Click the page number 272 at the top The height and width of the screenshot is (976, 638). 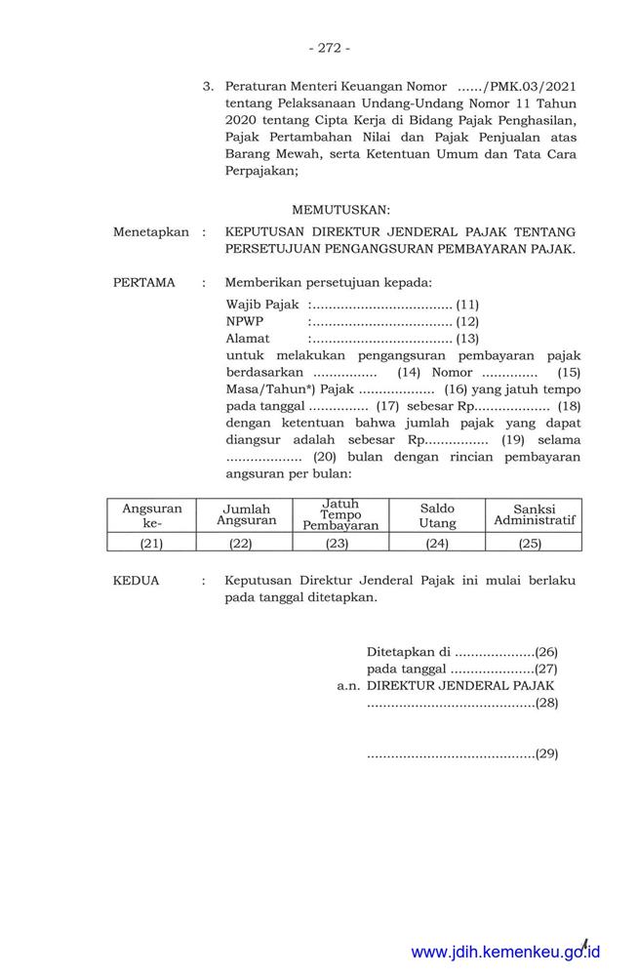[328, 47]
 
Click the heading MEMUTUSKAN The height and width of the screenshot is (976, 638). [340, 209]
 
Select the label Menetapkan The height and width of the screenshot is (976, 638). [151, 232]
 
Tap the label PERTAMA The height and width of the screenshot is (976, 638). [144, 283]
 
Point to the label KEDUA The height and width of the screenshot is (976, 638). [137, 580]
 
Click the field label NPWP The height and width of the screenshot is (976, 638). [244, 321]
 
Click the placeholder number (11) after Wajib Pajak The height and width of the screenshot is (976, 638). [467, 305]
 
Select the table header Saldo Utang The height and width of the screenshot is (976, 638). [437, 516]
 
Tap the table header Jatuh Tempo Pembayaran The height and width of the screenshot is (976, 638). [340, 514]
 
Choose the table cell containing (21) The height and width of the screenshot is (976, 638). [151, 543]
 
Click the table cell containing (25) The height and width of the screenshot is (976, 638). [531, 543]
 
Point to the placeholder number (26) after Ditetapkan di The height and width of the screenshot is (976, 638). [546, 651]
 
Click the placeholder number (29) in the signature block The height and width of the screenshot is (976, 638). [546, 752]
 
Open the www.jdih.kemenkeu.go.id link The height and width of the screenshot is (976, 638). [505, 952]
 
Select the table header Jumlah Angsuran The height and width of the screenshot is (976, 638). [246, 514]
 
